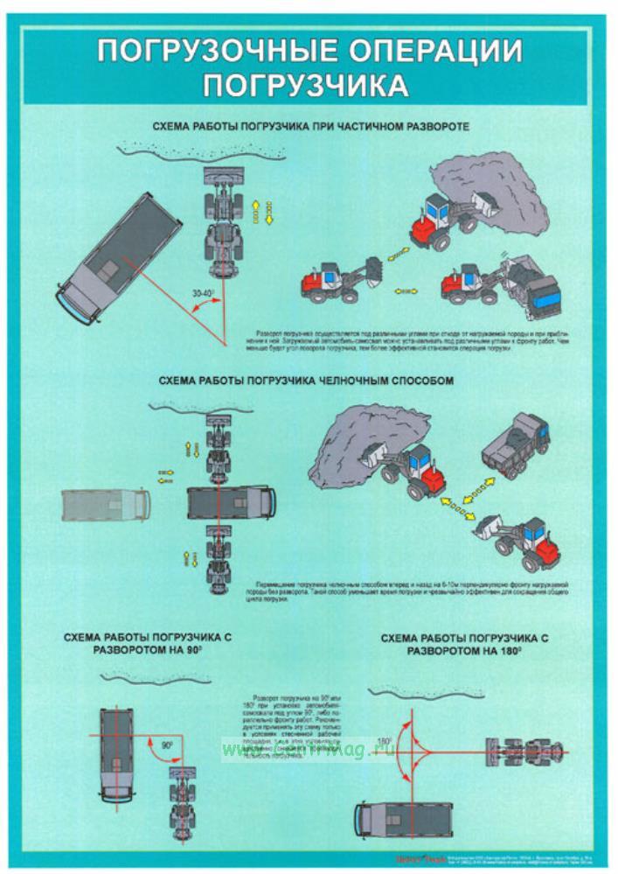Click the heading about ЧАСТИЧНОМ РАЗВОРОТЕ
tap(310, 127)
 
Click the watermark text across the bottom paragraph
tap(288, 751)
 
